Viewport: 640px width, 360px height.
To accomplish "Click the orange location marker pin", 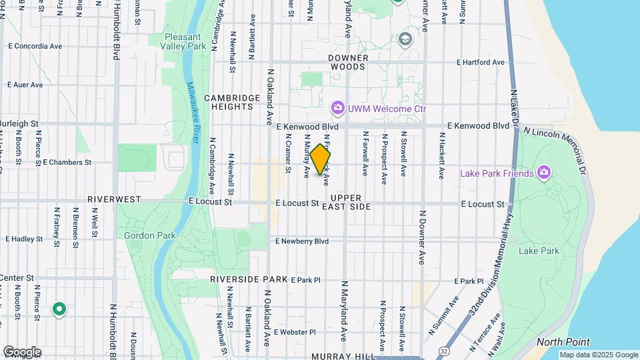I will point(321,159).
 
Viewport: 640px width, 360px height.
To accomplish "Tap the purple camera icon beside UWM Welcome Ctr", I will point(337,107).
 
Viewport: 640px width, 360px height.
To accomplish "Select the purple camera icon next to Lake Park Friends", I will point(544,173).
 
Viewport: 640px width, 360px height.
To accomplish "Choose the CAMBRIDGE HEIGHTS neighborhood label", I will point(231,102).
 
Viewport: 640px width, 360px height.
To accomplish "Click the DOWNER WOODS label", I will point(347,62).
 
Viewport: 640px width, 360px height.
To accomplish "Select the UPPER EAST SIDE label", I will point(346,203).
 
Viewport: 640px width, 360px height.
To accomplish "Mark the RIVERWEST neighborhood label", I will point(114,199).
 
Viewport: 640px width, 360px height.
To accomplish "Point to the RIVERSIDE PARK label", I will point(249,279).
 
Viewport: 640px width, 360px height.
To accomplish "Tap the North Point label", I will point(557,342).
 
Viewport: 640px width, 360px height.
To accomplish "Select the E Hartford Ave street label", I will point(480,62).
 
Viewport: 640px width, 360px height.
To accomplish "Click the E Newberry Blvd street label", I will point(302,241).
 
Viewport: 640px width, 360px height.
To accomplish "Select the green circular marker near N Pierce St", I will point(59,309).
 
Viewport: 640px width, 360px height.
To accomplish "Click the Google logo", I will point(22,351).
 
